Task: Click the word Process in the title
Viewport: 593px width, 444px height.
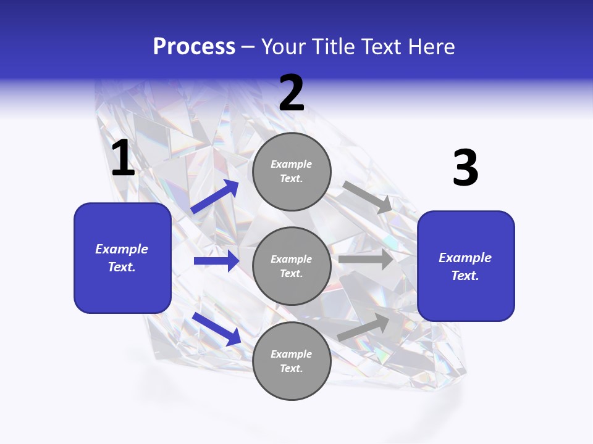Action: (x=194, y=47)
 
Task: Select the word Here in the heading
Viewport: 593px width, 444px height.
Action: (x=429, y=47)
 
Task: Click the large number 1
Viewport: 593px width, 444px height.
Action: (x=123, y=158)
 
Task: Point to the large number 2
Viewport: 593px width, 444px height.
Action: (x=292, y=93)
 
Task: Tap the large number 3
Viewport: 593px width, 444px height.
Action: (x=465, y=168)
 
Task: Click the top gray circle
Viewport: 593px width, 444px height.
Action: (x=292, y=171)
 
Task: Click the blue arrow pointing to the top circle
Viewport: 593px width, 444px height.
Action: (x=215, y=197)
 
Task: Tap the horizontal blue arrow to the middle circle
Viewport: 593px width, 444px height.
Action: (x=216, y=261)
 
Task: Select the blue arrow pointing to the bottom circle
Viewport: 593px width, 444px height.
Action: (x=216, y=329)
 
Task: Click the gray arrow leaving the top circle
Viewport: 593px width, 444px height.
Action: (x=368, y=197)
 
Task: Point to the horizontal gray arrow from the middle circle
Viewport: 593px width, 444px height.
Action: (x=366, y=260)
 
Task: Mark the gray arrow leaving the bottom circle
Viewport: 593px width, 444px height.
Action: (x=363, y=327)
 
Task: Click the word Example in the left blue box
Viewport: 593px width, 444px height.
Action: (x=122, y=249)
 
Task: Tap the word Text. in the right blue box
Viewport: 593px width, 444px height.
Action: (x=465, y=276)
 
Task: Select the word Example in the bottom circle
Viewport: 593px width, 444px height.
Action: (x=292, y=354)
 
